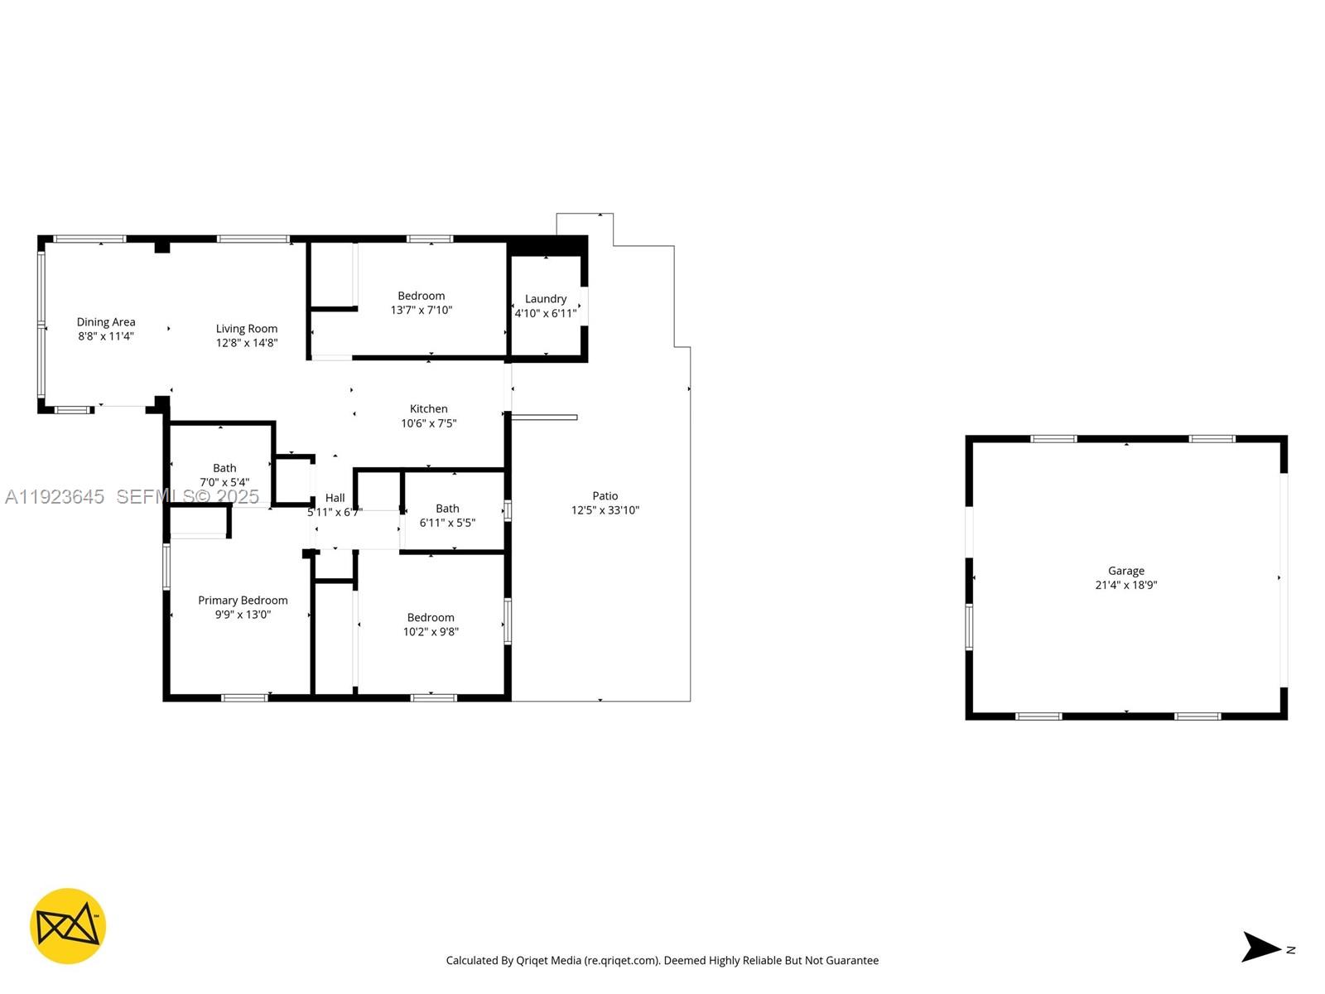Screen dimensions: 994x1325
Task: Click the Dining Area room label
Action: pyautogui.click(x=106, y=322)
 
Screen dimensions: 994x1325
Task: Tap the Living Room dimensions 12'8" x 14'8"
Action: pyautogui.click(x=247, y=343)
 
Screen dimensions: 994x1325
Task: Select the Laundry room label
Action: pyautogui.click(x=546, y=299)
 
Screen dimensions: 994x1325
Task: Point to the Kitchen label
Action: pyautogui.click(x=429, y=409)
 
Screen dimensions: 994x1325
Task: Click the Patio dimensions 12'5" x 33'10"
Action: pyautogui.click(x=605, y=510)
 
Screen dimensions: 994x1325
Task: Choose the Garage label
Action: pyautogui.click(x=1126, y=571)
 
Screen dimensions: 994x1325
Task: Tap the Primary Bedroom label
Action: pyautogui.click(x=243, y=601)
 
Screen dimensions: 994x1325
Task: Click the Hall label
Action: pyautogui.click(x=335, y=498)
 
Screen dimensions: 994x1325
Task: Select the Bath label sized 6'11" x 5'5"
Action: pyautogui.click(x=447, y=509)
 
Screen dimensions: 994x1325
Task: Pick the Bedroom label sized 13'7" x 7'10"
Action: pyautogui.click(x=422, y=296)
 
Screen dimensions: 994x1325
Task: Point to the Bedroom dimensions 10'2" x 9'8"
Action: pyautogui.click(x=431, y=632)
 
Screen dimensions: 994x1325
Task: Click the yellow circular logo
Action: pyautogui.click(x=68, y=926)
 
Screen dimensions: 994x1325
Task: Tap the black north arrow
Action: pyautogui.click(x=1260, y=947)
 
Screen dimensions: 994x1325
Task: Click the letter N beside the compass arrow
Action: pyautogui.click(x=1290, y=950)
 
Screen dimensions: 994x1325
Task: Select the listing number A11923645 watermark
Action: pyautogui.click(x=55, y=497)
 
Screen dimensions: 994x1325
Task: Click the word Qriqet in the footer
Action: pyautogui.click(x=532, y=961)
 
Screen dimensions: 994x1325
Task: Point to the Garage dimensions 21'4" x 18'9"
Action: pyautogui.click(x=1126, y=585)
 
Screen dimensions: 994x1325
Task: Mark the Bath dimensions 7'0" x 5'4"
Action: pyautogui.click(x=224, y=482)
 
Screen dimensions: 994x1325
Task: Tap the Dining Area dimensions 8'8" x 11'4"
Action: pyautogui.click(x=106, y=336)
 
